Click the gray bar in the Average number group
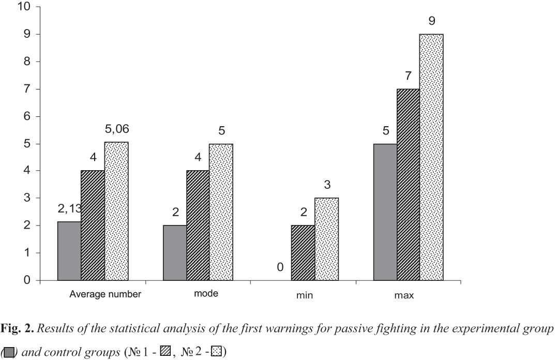(x=69, y=251)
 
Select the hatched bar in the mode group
(x=198, y=226)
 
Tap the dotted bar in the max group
(x=431, y=157)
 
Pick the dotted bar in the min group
(x=326, y=239)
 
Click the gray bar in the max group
(x=384, y=212)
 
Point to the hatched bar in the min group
(x=303, y=253)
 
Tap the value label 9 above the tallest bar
(x=431, y=22)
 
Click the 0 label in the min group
(x=279, y=267)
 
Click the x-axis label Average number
(x=106, y=295)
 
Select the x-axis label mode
(x=206, y=294)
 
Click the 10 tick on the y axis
(x=22, y=7)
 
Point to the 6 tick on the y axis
(x=25, y=116)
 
